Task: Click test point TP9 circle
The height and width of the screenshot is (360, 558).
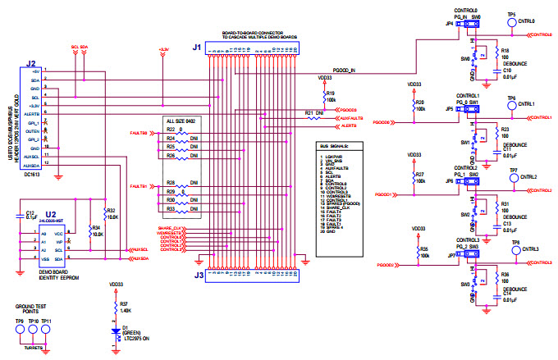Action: point(19,333)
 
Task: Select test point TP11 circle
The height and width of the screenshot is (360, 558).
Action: point(47,333)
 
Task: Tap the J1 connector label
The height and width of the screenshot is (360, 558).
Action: point(196,48)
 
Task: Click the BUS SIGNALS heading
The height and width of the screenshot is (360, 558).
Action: point(334,145)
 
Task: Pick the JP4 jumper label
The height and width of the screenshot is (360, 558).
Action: point(449,24)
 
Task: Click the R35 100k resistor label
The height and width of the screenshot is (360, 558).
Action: point(423,248)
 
